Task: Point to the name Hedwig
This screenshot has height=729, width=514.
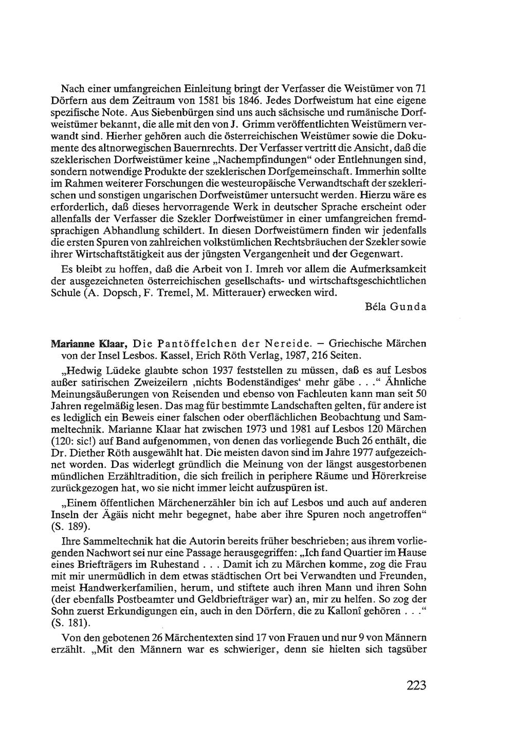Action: click(x=82, y=371)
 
